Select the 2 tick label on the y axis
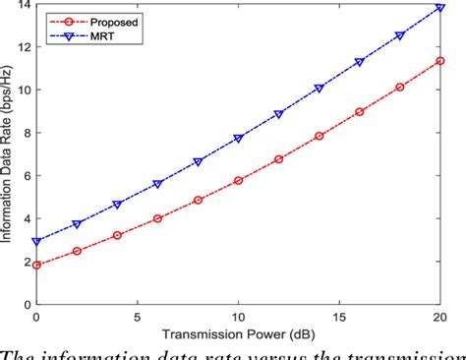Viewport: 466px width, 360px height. coord(26,262)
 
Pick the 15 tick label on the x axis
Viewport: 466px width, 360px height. coord(339,317)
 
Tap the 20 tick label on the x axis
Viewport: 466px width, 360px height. coord(439,317)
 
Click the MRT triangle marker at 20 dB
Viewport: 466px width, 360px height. coord(439,8)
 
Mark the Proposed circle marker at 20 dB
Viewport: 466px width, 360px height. coord(439,61)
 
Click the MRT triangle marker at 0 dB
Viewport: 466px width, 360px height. coord(36,241)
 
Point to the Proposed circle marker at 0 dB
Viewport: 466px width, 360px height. coord(36,265)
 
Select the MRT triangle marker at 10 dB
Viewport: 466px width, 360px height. coord(238,139)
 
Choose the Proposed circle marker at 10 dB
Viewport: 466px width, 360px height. coord(238,181)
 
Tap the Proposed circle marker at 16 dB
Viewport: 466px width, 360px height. coord(359,112)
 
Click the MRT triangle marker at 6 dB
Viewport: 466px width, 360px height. coord(157,184)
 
